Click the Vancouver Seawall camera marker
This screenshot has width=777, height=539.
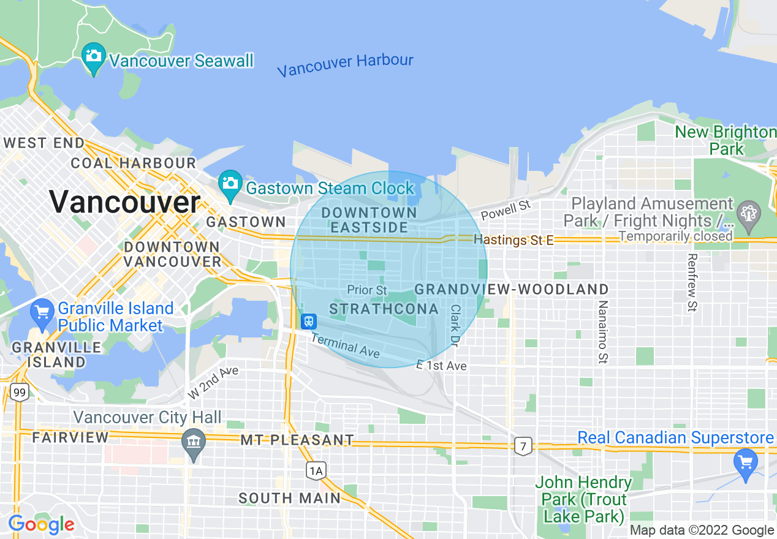pyautogui.click(x=93, y=57)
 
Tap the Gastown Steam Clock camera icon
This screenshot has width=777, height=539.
pyautogui.click(x=230, y=184)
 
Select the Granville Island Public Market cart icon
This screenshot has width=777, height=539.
pyautogui.click(x=42, y=313)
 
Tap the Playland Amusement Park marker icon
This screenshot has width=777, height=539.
pyautogui.click(x=748, y=213)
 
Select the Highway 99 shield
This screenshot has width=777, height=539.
pyautogui.click(x=20, y=392)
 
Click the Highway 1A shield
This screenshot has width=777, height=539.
pyautogui.click(x=316, y=470)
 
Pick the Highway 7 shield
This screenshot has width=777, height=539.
pyautogui.click(x=523, y=446)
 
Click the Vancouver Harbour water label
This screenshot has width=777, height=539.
pyautogui.click(x=345, y=64)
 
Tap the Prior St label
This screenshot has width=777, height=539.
pyautogui.click(x=367, y=290)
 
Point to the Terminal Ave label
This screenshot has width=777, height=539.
pyautogui.click(x=345, y=347)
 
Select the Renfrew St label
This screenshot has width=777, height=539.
pyautogui.click(x=692, y=282)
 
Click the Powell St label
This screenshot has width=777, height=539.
pyautogui.click(x=506, y=209)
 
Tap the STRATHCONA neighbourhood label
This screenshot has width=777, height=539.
pyautogui.click(x=384, y=309)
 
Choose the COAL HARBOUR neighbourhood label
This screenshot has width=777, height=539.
pyautogui.click(x=133, y=164)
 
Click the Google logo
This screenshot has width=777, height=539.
pyautogui.click(x=41, y=525)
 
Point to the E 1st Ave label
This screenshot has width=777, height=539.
pyautogui.click(x=441, y=366)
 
